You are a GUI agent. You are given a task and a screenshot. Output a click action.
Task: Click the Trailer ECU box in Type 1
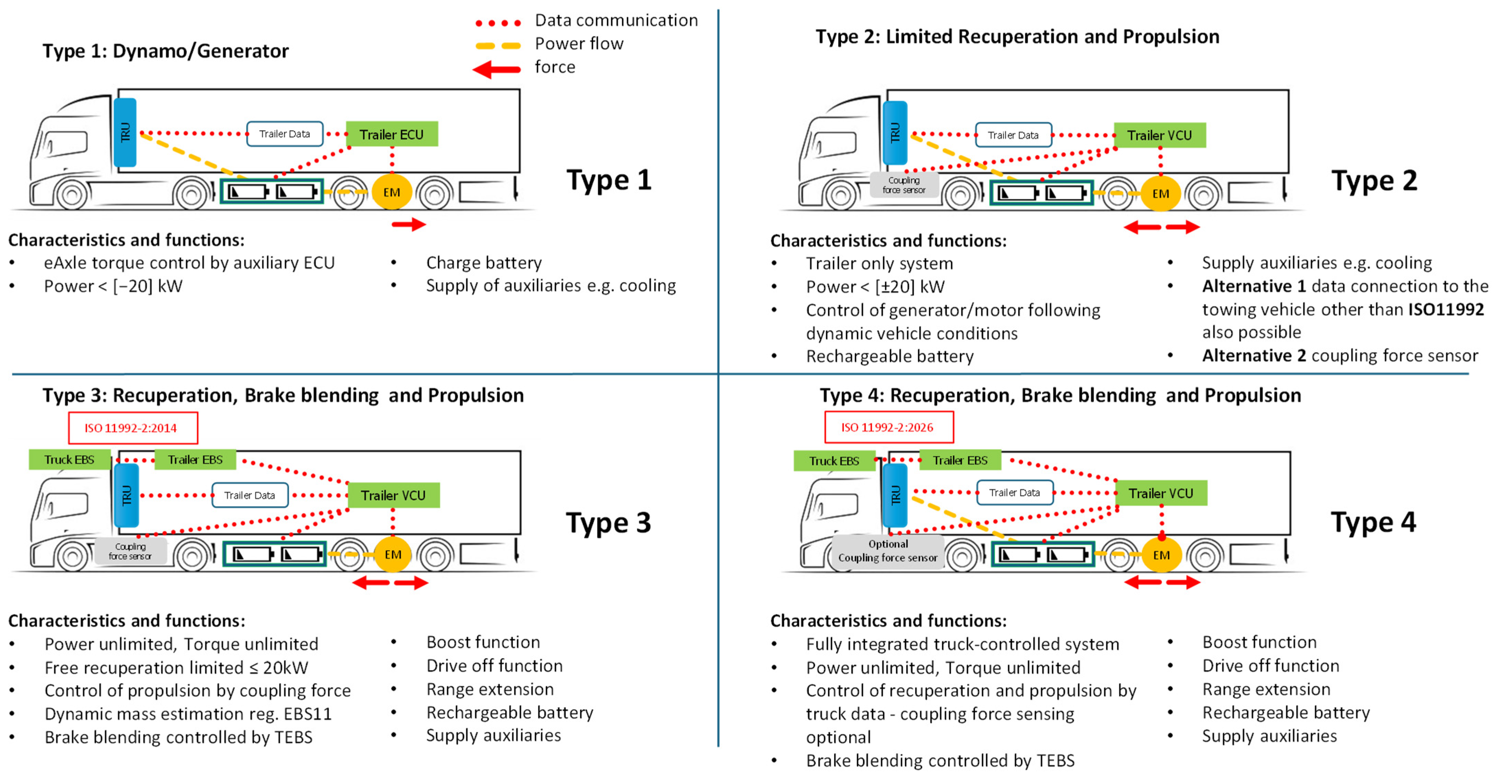pyautogui.click(x=391, y=134)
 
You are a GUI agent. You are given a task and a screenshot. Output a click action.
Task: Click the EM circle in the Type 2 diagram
pyautogui.click(x=1160, y=193)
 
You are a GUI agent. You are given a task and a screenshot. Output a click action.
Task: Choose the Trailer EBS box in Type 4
pyautogui.click(x=960, y=460)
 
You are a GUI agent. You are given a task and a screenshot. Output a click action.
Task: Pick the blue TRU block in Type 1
pyautogui.click(x=125, y=133)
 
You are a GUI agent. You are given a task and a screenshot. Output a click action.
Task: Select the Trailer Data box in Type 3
pyautogui.click(x=250, y=495)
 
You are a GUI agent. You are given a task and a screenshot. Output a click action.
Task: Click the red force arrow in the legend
pyautogui.click(x=496, y=69)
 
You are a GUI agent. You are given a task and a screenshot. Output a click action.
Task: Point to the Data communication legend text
pyautogui.click(x=616, y=20)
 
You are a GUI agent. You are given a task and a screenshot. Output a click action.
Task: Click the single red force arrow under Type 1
pyautogui.click(x=409, y=224)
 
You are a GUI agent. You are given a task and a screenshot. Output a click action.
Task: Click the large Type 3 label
pyautogui.click(x=609, y=522)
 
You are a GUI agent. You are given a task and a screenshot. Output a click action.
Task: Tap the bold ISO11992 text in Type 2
pyautogui.click(x=1446, y=309)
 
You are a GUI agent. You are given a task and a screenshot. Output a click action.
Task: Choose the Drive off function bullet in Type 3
pyautogui.click(x=494, y=665)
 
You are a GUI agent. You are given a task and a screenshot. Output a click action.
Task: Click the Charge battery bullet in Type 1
pyautogui.click(x=484, y=263)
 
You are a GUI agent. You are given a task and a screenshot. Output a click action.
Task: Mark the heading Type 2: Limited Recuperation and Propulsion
pyautogui.click(x=1017, y=37)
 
